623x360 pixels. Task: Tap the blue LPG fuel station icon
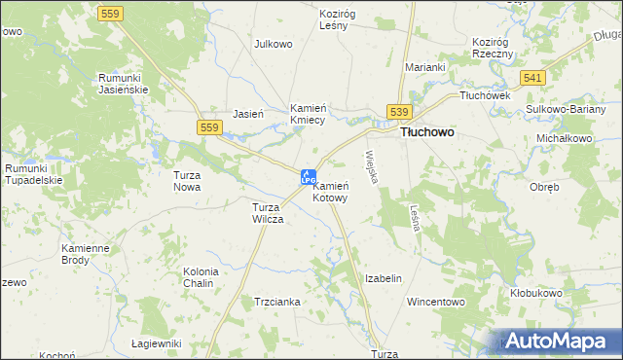coord(308,177)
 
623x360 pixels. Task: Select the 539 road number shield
coord(400,113)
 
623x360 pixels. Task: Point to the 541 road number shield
coord(531,77)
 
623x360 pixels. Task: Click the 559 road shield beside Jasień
coord(208,126)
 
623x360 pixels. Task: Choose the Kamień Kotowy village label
coord(330,191)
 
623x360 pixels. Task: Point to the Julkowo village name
coord(274,44)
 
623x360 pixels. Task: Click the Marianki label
coord(425,67)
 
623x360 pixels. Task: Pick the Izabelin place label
coord(383,278)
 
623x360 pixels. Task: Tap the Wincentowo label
coord(436,302)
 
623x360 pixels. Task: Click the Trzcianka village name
coord(277,302)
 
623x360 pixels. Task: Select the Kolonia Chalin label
coord(201,277)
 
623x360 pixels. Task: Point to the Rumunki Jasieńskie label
coord(122,83)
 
